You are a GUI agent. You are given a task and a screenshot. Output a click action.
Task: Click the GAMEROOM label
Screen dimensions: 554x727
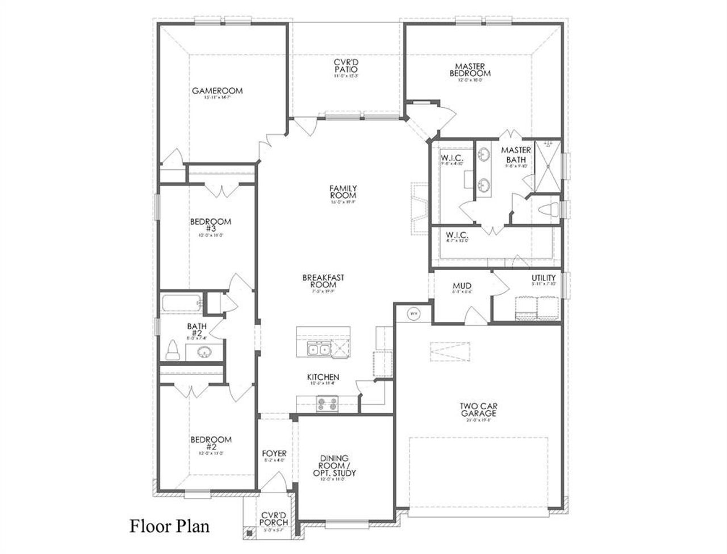point(217,91)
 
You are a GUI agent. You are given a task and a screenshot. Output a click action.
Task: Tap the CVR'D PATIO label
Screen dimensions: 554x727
point(345,66)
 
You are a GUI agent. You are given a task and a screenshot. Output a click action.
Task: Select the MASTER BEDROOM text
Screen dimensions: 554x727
point(470,70)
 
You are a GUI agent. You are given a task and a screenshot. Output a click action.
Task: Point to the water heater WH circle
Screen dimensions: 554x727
point(413,313)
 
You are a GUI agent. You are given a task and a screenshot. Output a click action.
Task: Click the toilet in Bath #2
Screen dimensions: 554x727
point(172,351)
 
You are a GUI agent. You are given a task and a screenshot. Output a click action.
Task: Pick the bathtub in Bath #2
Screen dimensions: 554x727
point(181,303)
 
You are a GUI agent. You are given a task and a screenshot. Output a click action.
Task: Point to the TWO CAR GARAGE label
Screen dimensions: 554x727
point(478,409)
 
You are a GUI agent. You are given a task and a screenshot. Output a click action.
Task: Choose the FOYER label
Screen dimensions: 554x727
point(274,454)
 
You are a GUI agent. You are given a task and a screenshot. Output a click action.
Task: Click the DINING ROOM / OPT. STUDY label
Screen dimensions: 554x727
point(338,466)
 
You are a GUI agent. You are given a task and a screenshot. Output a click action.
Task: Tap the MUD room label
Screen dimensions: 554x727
point(462,286)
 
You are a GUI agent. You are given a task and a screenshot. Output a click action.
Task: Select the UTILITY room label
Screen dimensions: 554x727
point(543,278)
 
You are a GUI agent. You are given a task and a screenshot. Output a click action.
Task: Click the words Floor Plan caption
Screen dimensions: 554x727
point(169,526)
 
